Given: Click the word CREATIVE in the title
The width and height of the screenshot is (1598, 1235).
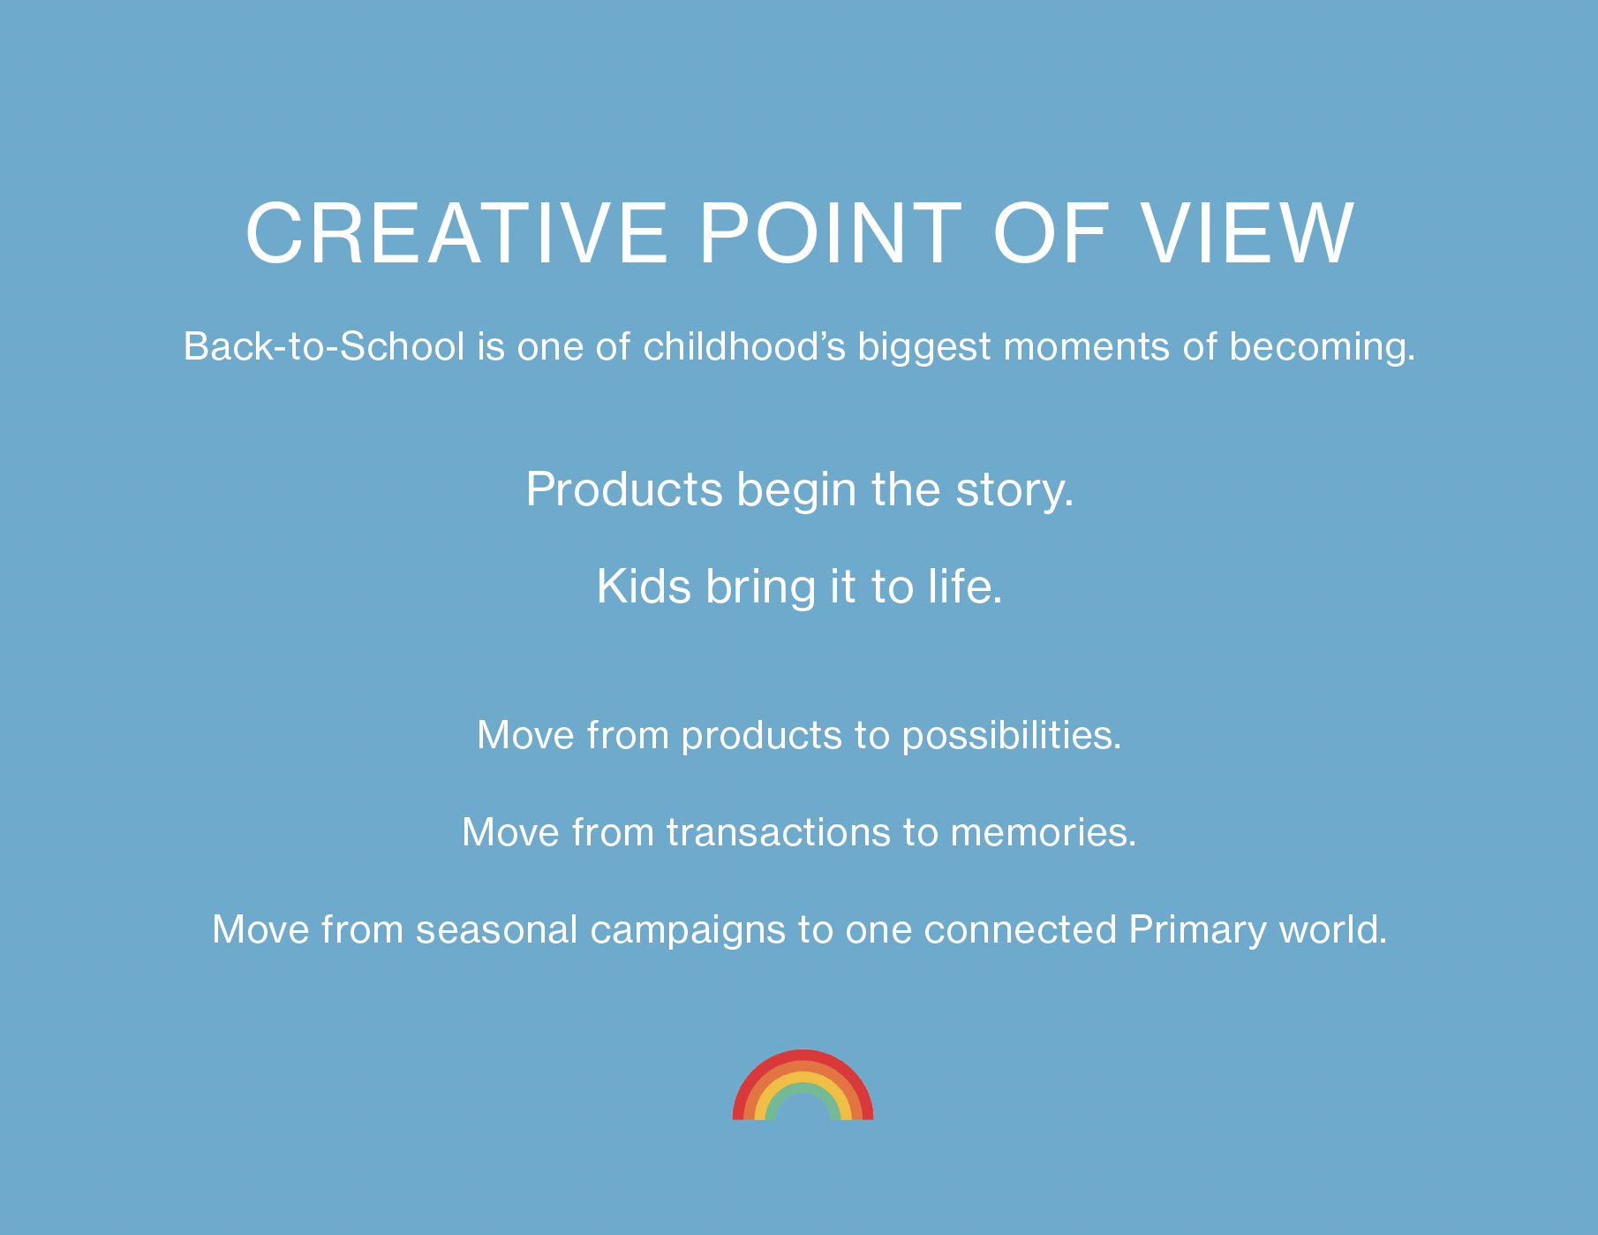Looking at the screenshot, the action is point(456,233).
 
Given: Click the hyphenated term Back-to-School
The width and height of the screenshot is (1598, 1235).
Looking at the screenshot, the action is point(324,346).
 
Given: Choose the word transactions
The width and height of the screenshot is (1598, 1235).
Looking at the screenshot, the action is point(779,833).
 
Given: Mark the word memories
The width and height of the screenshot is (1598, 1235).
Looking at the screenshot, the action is point(1044,833).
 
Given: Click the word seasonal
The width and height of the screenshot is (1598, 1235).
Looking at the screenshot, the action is point(497,930).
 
